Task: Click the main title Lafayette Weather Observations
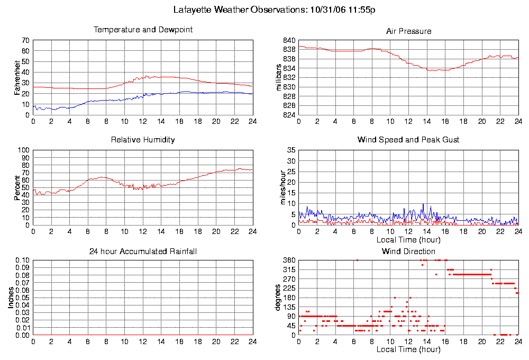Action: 275,10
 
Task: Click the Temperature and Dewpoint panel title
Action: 143,30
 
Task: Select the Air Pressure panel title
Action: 408,31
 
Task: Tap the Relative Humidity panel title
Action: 143,140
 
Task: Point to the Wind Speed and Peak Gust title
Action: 408,140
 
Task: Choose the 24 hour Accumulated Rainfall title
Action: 143,251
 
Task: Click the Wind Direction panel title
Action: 408,251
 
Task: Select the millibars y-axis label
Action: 280,77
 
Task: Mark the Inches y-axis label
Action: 10,298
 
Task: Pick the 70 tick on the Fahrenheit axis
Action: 25,40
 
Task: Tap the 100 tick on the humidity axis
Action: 23,150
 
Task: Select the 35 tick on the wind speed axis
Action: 291,150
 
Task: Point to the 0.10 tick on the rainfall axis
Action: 22,260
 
